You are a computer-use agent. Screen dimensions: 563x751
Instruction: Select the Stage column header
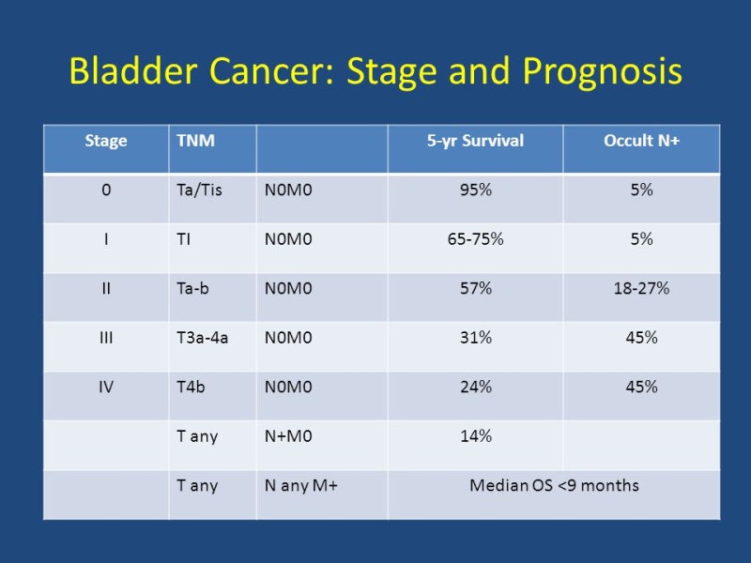pyautogui.click(x=106, y=142)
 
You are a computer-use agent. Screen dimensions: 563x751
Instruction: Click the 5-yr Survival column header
pyautogui.click(x=475, y=142)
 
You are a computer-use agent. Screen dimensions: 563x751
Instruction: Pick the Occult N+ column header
pyautogui.click(x=641, y=142)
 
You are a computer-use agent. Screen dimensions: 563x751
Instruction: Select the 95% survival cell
pyautogui.click(x=475, y=190)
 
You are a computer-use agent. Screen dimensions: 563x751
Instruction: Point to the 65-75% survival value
pyautogui.click(x=475, y=239)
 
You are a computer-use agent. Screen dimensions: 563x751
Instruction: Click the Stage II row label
pyautogui.click(x=106, y=288)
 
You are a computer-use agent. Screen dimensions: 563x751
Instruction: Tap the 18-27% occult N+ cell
pyautogui.click(x=641, y=288)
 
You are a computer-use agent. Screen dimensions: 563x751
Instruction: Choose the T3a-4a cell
pyautogui.click(x=203, y=337)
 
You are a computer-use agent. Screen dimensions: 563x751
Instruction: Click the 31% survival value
pyautogui.click(x=475, y=337)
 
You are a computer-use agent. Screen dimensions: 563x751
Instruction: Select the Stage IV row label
pyautogui.click(x=106, y=387)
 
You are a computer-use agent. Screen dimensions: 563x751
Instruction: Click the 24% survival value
pyautogui.click(x=475, y=387)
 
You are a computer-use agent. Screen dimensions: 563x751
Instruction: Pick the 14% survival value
pyautogui.click(x=475, y=436)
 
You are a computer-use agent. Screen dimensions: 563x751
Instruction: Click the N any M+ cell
pyautogui.click(x=300, y=486)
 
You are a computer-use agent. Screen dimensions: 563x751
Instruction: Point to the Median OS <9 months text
pyautogui.click(x=554, y=486)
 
